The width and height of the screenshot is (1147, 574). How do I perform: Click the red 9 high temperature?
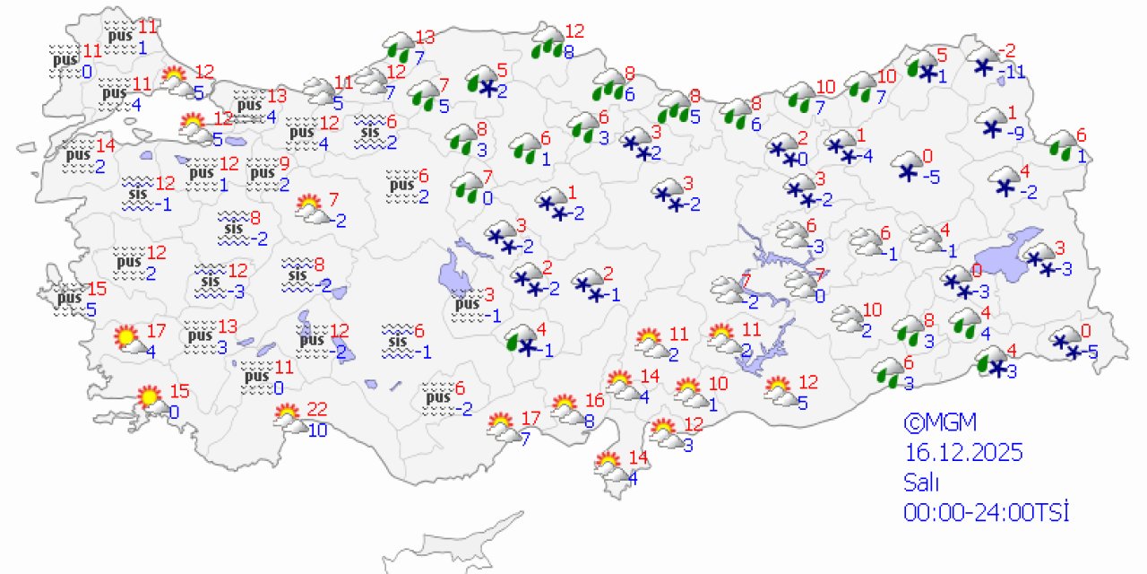click(x=284, y=163)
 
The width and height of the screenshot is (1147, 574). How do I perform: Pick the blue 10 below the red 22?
click(x=316, y=430)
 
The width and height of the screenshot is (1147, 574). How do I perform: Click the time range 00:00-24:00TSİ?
click(x=987, y=512)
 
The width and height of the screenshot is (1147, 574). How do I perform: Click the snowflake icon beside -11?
click(x=985, y=65)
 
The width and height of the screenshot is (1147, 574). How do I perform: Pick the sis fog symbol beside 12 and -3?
click(x=209, y=281)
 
